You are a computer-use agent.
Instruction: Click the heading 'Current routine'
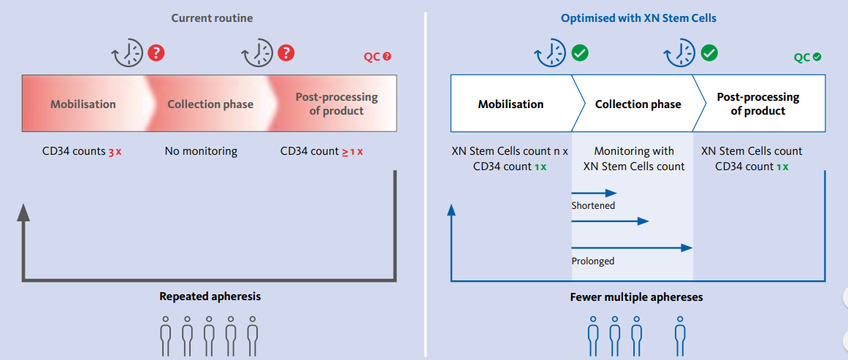click(212, 18)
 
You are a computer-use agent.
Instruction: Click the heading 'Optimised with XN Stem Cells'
click(638, 18)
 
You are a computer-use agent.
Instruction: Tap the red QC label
click(377, 57)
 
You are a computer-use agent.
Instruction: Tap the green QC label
click(806, 57)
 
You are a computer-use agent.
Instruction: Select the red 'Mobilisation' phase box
click(83, 104)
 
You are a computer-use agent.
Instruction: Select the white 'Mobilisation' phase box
click(511, 104)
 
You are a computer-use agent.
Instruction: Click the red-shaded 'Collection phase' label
click(210, 104)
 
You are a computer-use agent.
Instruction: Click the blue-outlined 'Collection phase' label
click(638, 104)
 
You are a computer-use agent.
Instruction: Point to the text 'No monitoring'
click(201, 151)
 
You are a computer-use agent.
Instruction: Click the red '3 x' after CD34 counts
click(115, 152)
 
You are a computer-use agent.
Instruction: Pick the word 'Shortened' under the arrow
click(593, 206)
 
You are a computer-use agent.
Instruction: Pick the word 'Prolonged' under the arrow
click(592, 261)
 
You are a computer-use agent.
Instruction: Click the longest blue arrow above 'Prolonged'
click(631, 248)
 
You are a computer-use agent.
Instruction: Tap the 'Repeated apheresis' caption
click(210, 296)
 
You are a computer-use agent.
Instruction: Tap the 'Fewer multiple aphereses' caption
click(636, 297)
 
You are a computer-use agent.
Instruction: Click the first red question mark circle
click(156, 53)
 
